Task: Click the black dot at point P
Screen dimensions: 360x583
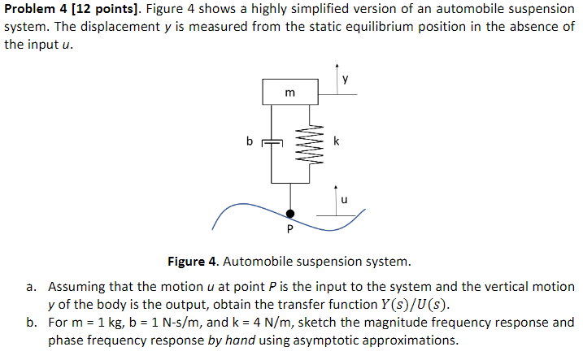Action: (x=290, y=215)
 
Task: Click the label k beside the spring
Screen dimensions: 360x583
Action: (x=336, y=141)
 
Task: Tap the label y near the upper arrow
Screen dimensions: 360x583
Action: (x=346, y=79)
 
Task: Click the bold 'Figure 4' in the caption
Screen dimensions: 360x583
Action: (x=192, y=262)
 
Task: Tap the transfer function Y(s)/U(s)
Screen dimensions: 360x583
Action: (x=407, y=305)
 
